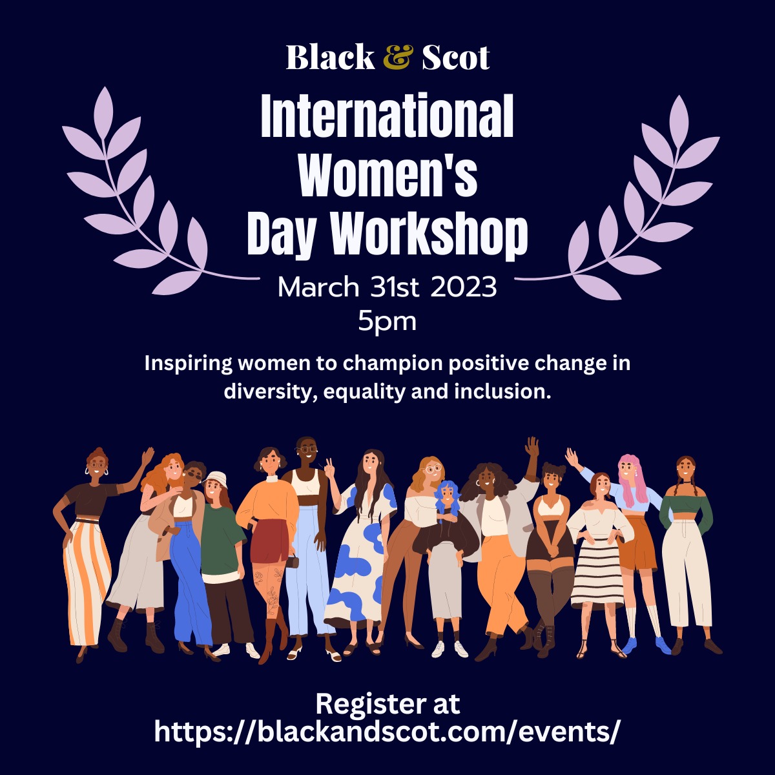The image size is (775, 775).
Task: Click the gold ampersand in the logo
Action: point(398,57)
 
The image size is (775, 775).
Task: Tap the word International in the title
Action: point(387,117)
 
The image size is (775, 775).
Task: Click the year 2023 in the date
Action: point(464,287)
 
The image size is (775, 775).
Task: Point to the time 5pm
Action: point(387,322)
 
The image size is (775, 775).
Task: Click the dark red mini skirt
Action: point(269,541)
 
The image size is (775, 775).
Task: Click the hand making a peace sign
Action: point(331,468)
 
